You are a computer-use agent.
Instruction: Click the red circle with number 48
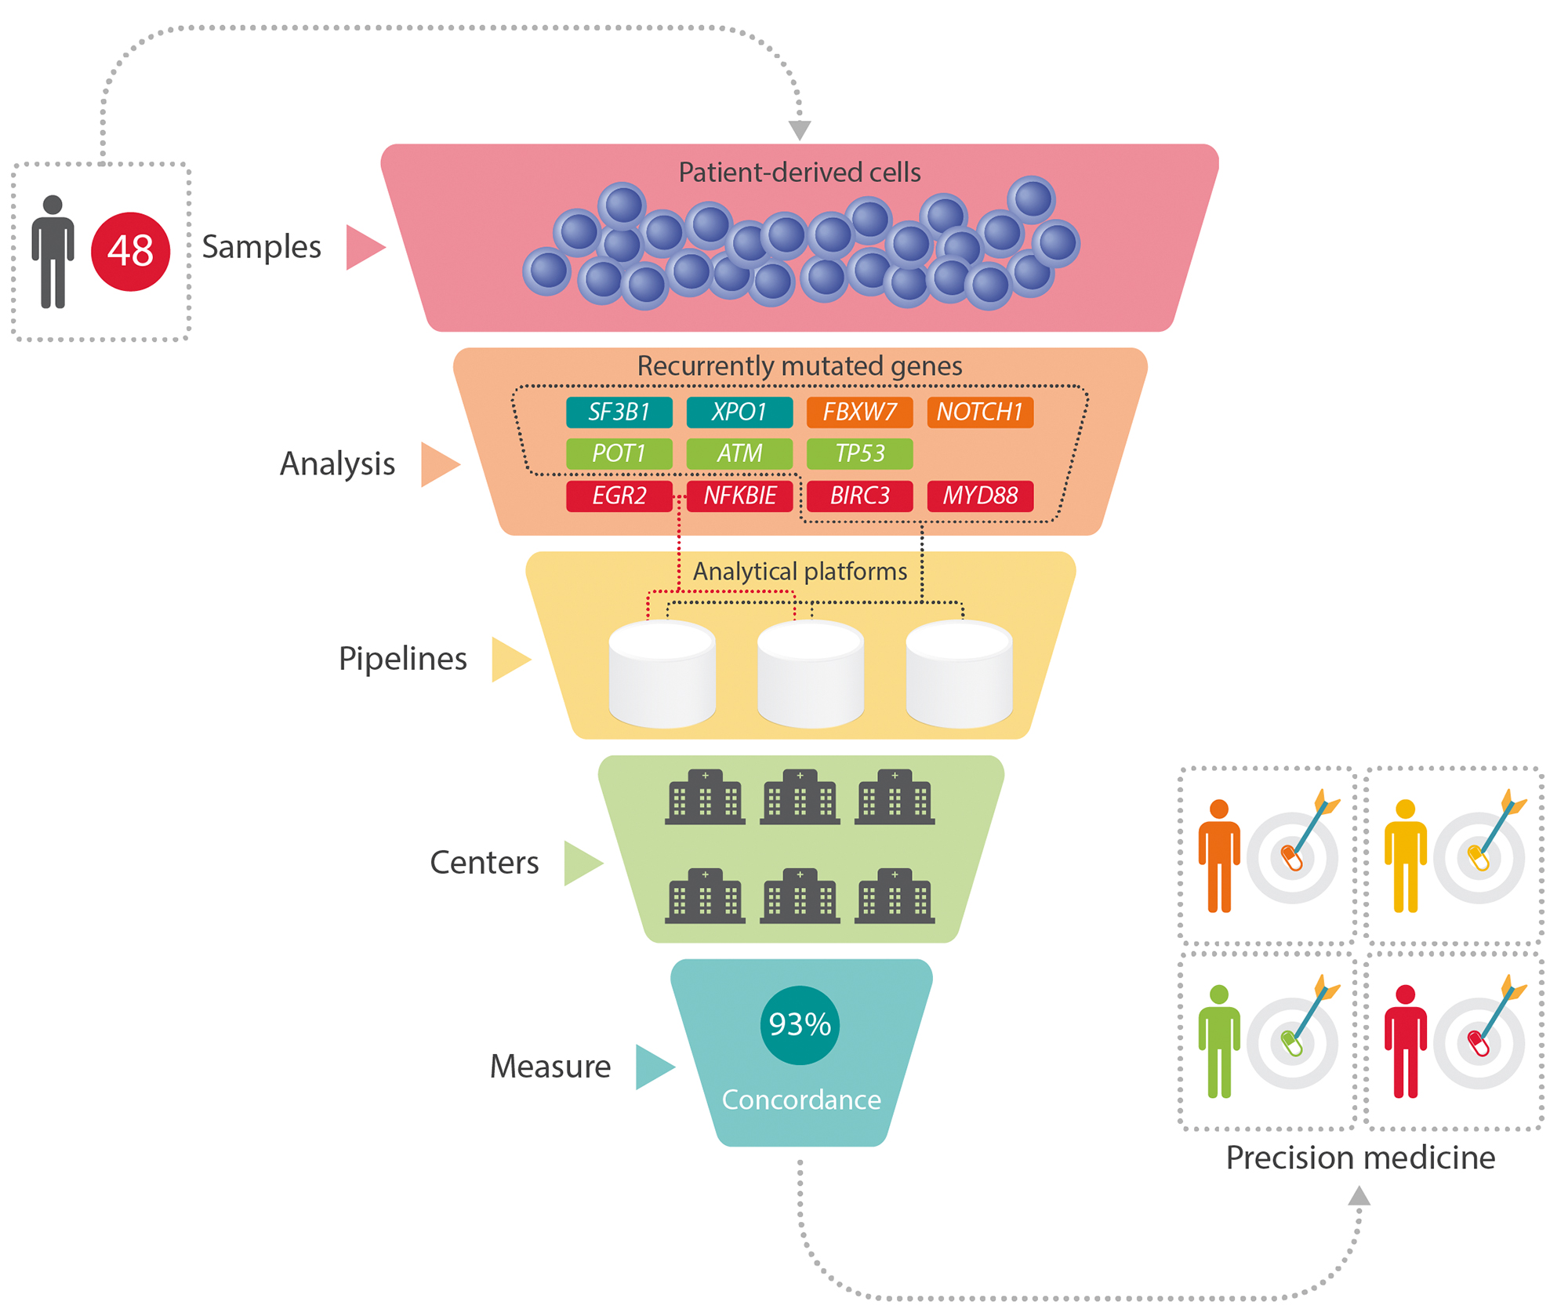pyautogui.click(x=130, y=251)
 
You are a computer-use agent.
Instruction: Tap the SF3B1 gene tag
pyautogui.click(x=619, y=412)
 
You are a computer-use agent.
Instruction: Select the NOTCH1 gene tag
pyautogui.click(x=979, y=412)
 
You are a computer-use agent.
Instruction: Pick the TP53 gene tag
pyautogui.click(x=859, y=453)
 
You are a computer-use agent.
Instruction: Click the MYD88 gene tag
pyautogui.click(x=979, y=496)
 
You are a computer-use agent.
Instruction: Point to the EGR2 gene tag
pyautogui.click(x=619, y=496)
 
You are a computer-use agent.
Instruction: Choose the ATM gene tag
pyautogui.click(x=739, y=453)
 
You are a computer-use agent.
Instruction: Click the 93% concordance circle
pyautogui.click(x=800, y=1024)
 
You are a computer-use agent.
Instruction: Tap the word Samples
pyautogui.click(x=261, y=246)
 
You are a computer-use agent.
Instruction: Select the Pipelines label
pyautogui.click(x=402, y=659)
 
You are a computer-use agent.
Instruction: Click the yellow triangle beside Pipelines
pyautogui.click(x=508, y=659)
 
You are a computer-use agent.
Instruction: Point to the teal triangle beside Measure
pyautogui.click(x=652, y=1067)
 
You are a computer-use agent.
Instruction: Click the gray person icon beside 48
pyautogui.click(x=53, y=251)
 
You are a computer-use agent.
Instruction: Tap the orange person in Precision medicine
pyautogui.click(x=1218, y=855)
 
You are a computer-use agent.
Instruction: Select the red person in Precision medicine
pyautogui.click(x=1405, y=1041)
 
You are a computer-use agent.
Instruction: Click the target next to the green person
pyautogui.click(x=1292, y=1042)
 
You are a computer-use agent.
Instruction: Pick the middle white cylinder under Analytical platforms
pyautogui.click(x=810, y=673)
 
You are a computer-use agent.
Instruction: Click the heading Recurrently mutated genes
pyautogui.click(x=799, y=366)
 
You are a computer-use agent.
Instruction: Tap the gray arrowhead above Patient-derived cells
pyautogui.click(x=799, y=130)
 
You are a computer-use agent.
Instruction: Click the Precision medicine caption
pyautogui.click(x=1360, y=1158)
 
